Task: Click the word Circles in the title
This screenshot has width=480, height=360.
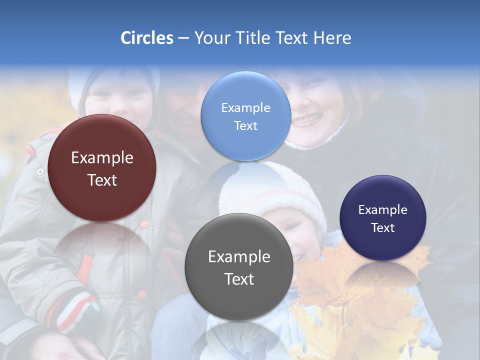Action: [146, 38]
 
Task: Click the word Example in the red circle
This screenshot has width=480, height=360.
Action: [102, 158]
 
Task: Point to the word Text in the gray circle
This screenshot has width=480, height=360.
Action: [239, 279]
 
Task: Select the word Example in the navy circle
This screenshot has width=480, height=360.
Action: [383, 210]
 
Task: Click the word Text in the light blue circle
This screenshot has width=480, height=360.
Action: [245, 125]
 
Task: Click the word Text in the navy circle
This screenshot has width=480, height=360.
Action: [383, 228]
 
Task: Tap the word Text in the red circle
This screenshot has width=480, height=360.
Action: [102, 180]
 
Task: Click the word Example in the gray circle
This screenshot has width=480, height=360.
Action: [239, 257]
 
